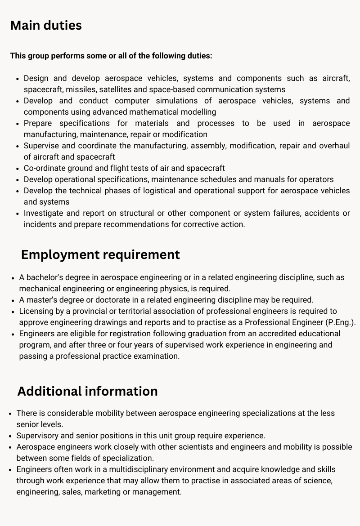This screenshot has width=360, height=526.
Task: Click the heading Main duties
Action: pos(46,26)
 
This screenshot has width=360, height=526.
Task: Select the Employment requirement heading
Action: pos(100,254)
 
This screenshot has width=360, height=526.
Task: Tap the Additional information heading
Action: pos(87,391)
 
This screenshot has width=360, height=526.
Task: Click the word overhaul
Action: pos(334,146)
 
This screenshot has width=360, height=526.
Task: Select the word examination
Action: pos(158,356)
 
